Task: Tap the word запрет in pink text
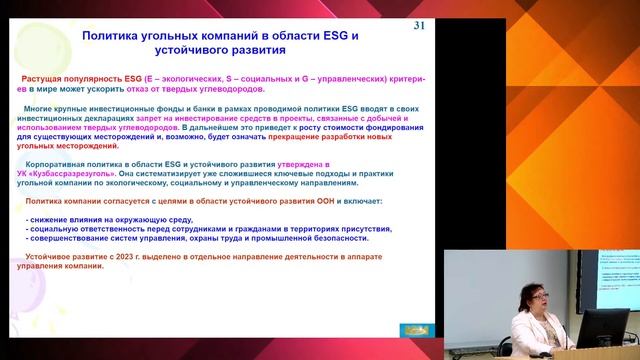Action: [x=177, y=117]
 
